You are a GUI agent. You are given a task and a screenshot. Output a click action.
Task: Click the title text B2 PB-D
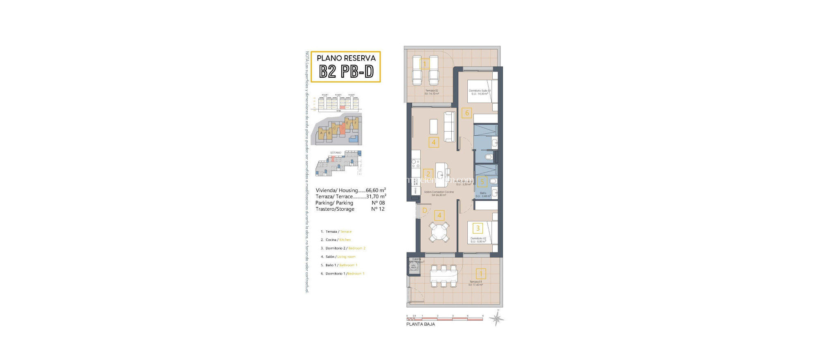[x=346, y=72]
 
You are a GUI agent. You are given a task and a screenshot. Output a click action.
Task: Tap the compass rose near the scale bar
[x=497, y=319]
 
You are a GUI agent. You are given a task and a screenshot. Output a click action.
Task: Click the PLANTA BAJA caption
[x=420, y=324]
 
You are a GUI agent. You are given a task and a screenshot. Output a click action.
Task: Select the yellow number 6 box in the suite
[x=467, y=113]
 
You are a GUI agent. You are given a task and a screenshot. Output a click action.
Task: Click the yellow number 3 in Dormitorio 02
[x=478, y=228]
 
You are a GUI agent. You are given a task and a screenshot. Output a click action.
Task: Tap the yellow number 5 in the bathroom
[x=482, y=182]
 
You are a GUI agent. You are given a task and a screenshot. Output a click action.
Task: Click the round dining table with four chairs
[x=439, y=232]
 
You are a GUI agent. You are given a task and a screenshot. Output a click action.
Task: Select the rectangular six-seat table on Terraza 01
[x=444, y=276]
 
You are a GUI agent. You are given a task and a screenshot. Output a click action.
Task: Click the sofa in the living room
[x=450, y=127]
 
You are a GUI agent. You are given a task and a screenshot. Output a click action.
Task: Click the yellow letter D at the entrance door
[x=425, y=211]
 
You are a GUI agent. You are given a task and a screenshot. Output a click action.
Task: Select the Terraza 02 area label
[x=432, y=92]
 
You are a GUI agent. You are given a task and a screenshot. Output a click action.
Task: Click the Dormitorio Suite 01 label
[x=480, y=92]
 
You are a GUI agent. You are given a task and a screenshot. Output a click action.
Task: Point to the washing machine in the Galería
[x=413, y=267]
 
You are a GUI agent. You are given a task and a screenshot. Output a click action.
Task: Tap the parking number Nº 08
[x=378, y=203]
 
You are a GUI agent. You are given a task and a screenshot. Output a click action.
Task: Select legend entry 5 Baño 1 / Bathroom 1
[x=339, y=265]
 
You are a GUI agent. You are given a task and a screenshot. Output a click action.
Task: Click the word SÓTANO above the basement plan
[x=336, y=153]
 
